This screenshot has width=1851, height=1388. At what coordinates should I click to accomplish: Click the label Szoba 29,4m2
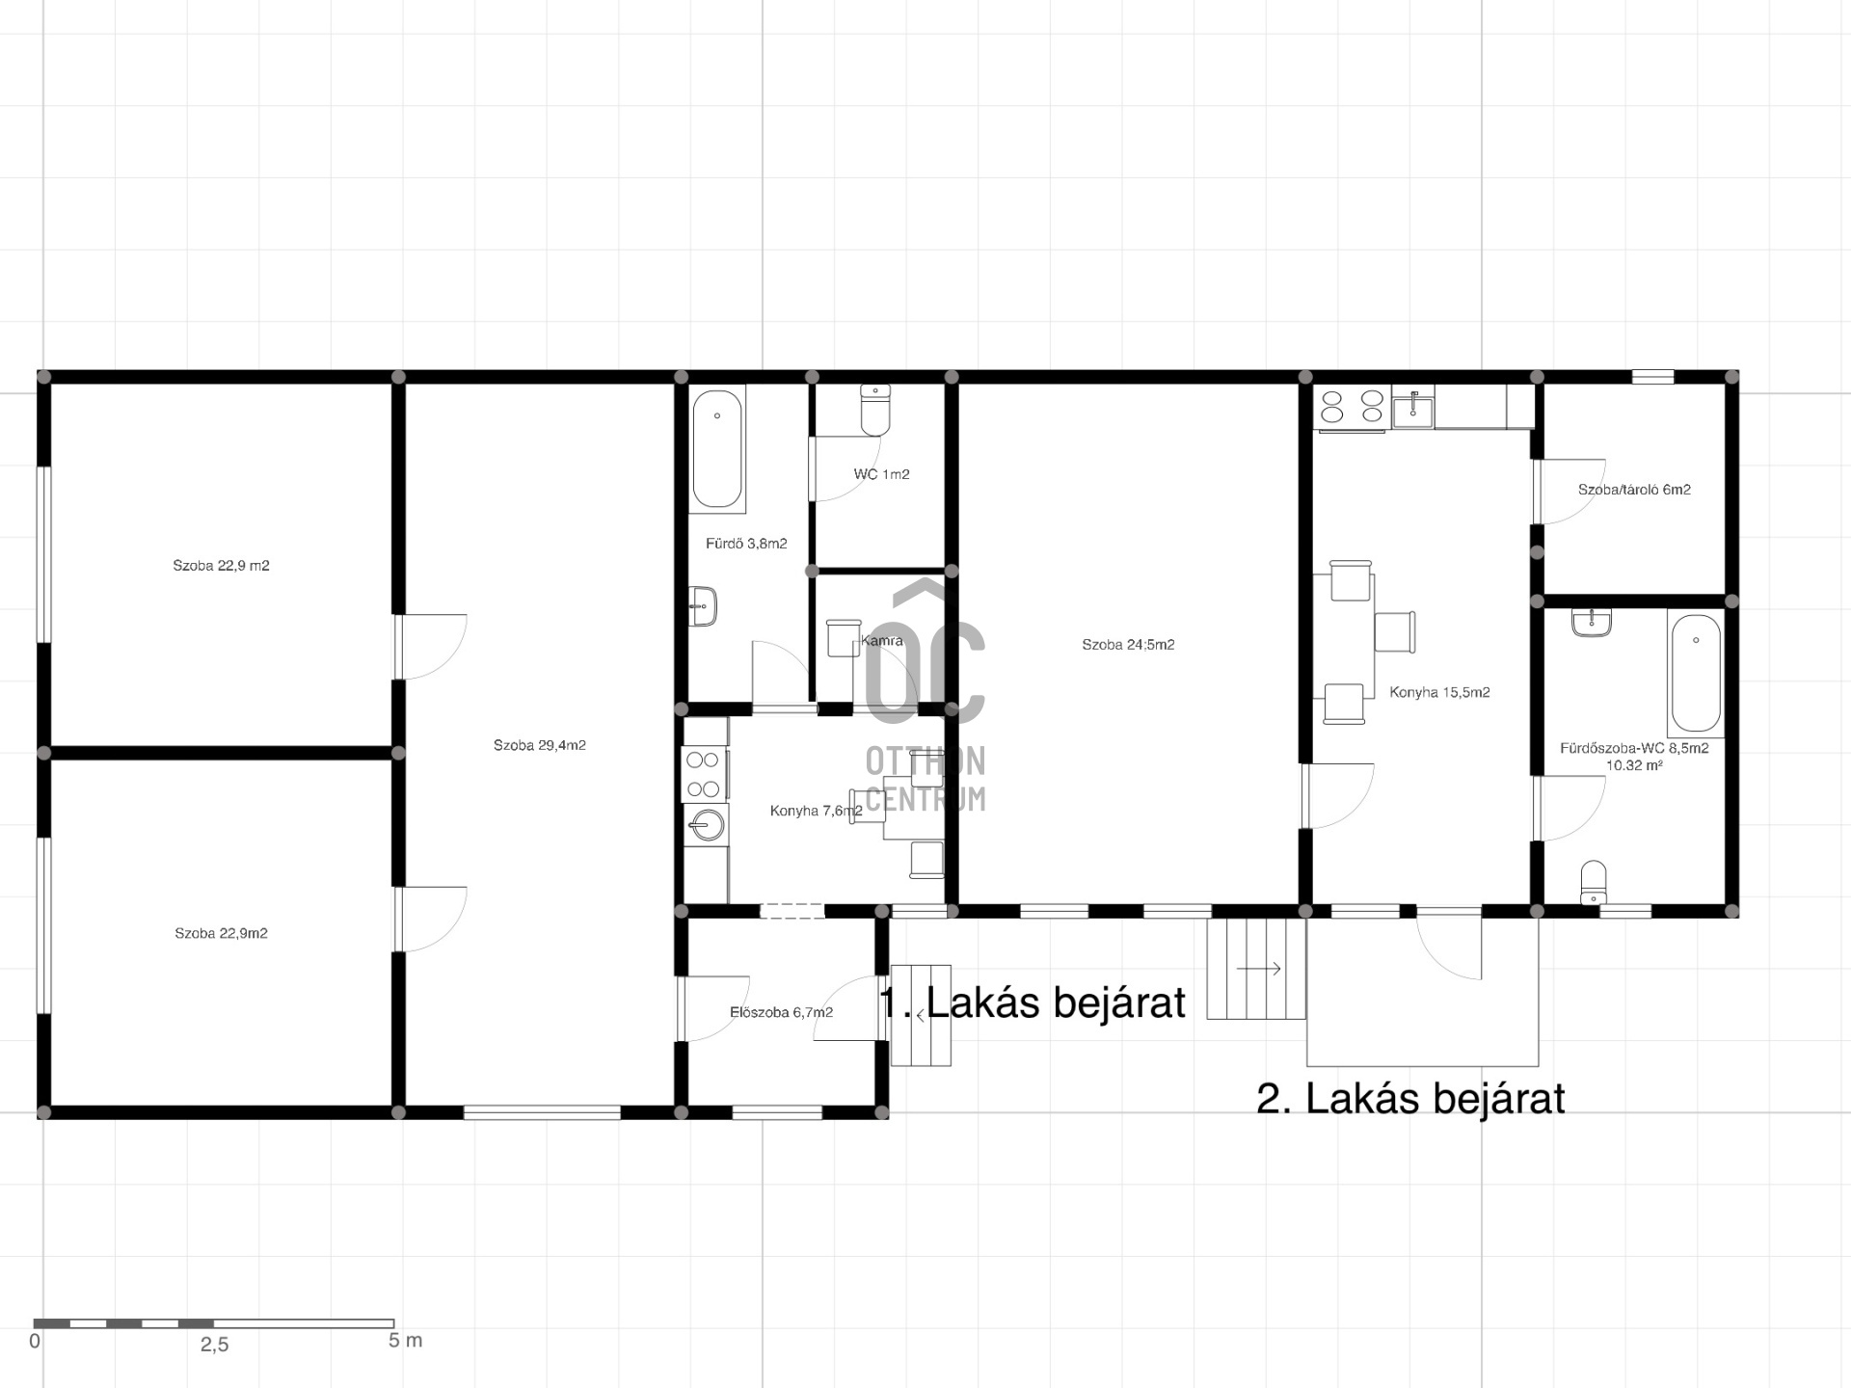click(x=540, y=745)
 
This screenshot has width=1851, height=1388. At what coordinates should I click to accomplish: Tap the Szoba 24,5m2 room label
click(x=1128, y=645)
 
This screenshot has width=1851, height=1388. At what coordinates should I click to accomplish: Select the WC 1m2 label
click(x=881, y=474)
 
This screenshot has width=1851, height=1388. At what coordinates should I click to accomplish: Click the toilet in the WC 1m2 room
click(x=875, y=411)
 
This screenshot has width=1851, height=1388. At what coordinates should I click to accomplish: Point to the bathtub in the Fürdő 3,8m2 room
click(x=717, y=449)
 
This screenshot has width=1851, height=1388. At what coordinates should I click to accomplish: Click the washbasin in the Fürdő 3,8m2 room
click(x=703, y=606)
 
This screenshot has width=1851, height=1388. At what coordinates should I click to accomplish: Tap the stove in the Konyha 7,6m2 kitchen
click(x=703, y=774)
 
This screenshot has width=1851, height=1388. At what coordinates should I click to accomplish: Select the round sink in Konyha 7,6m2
click(x=707, y=825)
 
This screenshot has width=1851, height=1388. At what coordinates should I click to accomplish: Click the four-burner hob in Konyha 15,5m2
click(x=1351, y=406)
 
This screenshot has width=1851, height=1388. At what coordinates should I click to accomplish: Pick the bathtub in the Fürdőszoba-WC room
click(x=1696, y=674)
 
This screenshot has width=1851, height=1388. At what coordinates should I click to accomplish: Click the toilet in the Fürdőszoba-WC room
click(x=1594, y=882)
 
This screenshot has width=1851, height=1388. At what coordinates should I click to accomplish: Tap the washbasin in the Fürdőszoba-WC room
click(x=1591, y=622)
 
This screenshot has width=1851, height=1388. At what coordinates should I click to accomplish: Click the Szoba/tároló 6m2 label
click(x=1634, y=490)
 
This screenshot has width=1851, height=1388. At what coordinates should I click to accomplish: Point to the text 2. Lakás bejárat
click(x=1410, y=1099)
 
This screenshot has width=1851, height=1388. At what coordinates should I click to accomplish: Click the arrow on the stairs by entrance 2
click(x=1259, y=969)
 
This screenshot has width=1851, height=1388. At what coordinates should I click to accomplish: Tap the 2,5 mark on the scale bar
click(x=214, y=1345)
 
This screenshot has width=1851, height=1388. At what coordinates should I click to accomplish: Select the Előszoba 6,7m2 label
click(x=781, y=1012)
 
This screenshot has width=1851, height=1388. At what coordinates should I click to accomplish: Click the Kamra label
click(x=882, y=641)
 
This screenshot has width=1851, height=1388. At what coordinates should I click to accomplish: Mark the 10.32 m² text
click(x=1634, y=765)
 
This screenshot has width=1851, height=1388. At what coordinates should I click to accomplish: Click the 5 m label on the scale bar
click(x=405, y=1340)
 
